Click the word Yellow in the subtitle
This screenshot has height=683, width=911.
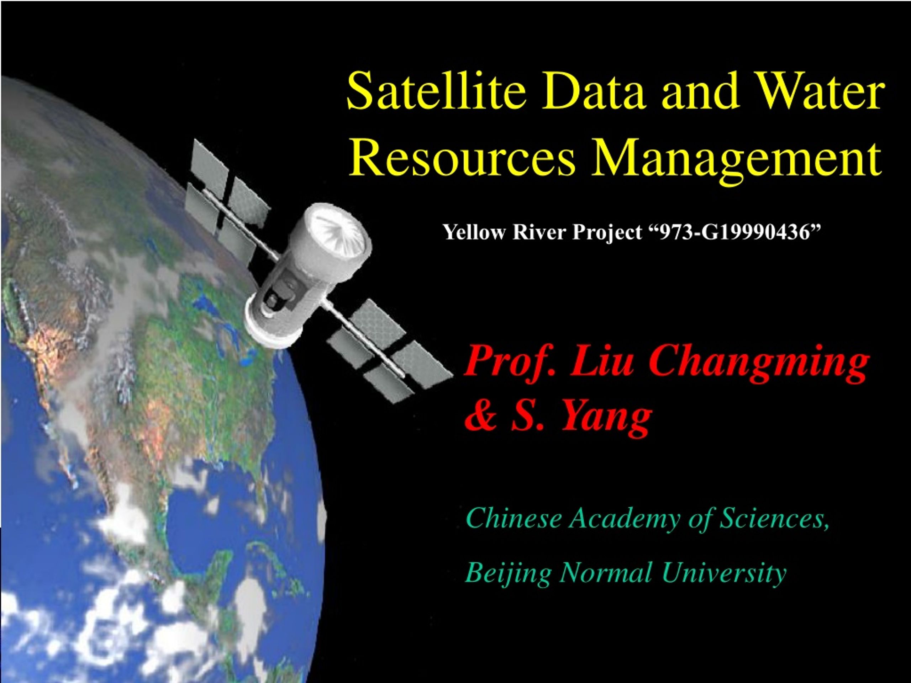pos(474,233)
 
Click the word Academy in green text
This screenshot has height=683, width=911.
pos(625,518)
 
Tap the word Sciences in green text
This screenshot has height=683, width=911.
pos(774,518)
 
